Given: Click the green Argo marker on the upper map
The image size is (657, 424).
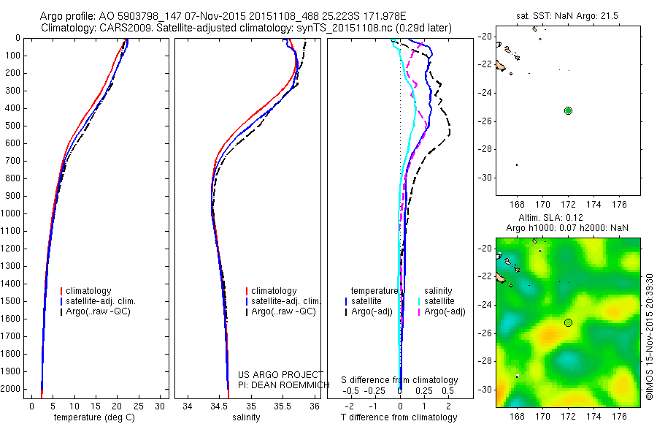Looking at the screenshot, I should (x=568, y=110).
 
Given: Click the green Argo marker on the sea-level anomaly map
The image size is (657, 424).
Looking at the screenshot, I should (x=568, y=322).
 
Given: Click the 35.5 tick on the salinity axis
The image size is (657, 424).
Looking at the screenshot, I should (x=283, y=405).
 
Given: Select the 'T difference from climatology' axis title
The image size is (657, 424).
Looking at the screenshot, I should (x=400, y=417).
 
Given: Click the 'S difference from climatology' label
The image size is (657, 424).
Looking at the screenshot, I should (x=399, y=380).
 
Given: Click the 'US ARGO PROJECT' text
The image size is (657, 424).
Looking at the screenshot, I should (x=280, y=374).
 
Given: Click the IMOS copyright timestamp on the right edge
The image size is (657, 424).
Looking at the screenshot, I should (x=648, y=337).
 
